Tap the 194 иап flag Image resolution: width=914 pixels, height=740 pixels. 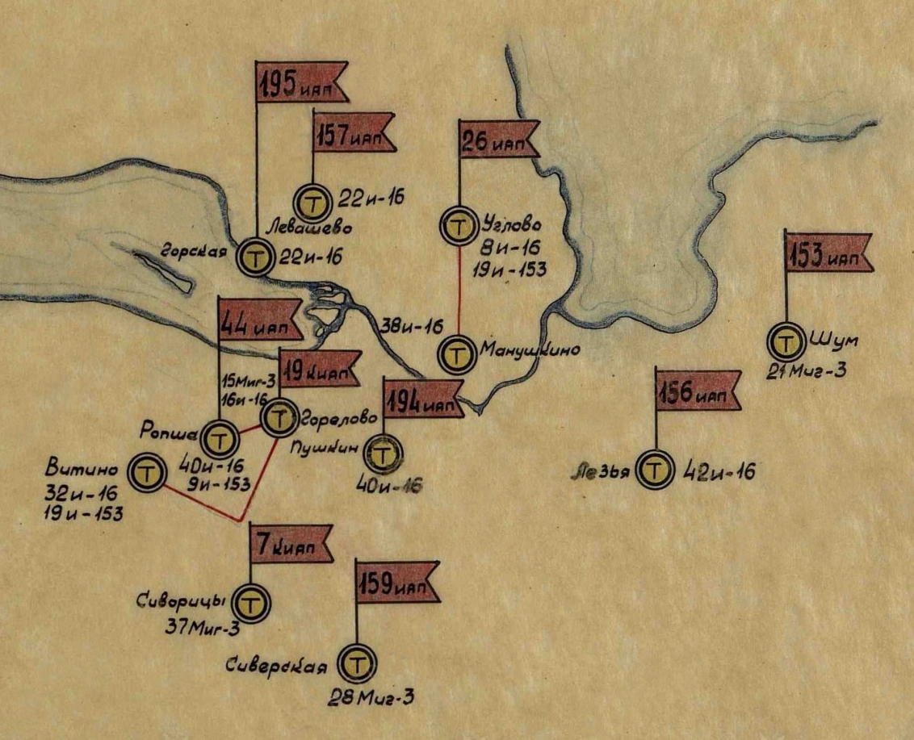click(421, 397)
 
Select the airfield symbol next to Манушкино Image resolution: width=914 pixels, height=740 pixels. click(458, 353)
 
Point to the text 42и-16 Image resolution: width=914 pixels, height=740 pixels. click(719, 471)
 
